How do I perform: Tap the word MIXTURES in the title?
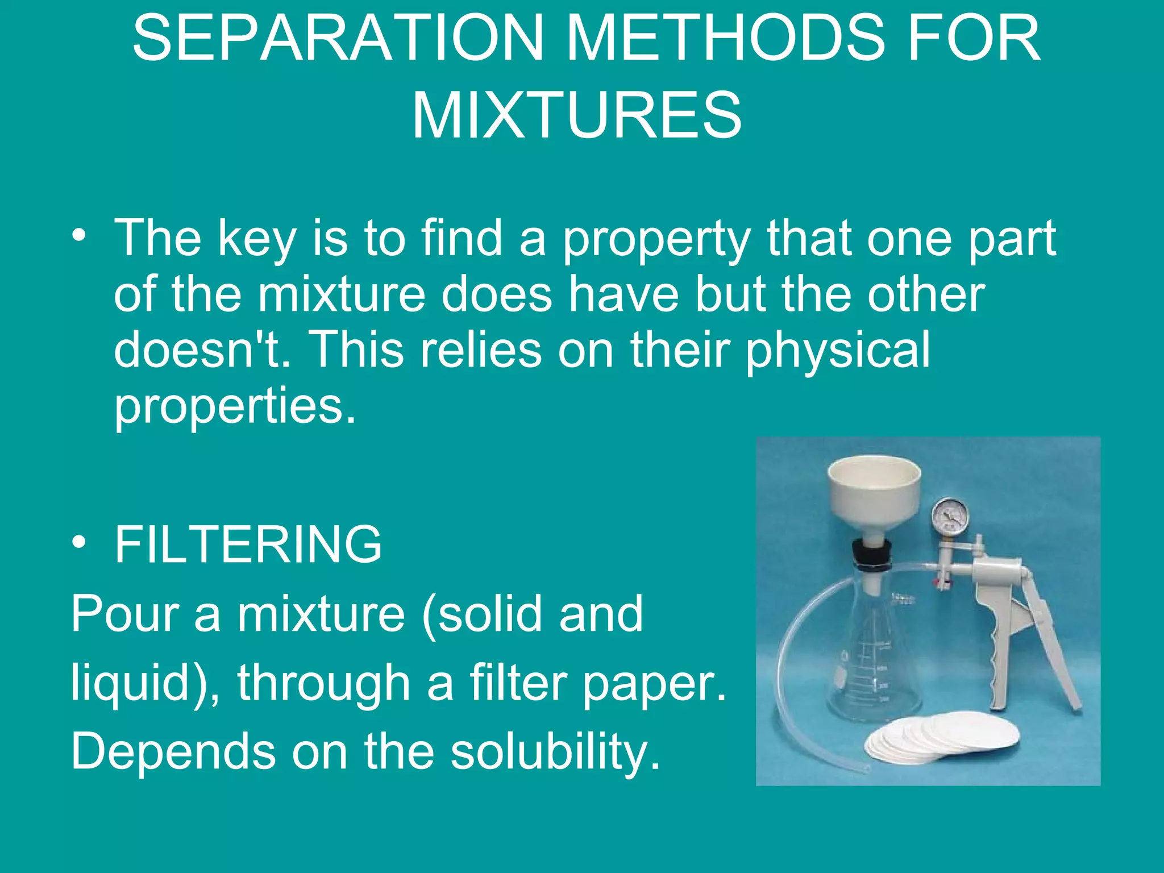(x=576, y=116)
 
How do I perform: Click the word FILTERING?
(x=248, y=544)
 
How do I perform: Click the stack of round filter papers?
(x=938, y=739)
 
